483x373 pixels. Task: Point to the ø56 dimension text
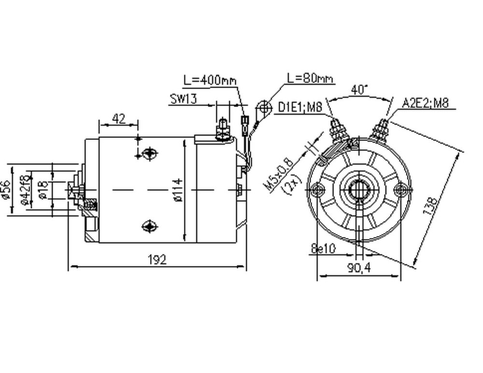(6, 190)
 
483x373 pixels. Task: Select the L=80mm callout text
(310, 77)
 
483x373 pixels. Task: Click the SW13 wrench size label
(183, 99)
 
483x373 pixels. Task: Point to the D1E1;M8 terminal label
(300, 107)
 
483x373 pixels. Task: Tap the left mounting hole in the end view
(317, 189)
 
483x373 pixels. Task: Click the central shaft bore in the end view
(358, 189)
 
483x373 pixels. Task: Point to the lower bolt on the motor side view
(148, 225)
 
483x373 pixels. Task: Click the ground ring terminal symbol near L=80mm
(264, 106)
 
